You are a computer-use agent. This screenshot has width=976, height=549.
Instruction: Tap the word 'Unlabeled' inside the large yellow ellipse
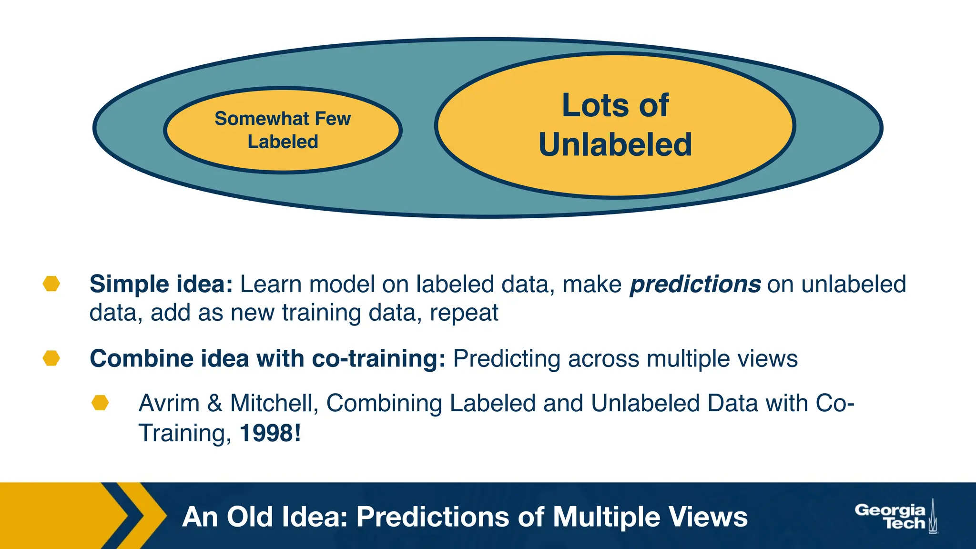pos(615,144)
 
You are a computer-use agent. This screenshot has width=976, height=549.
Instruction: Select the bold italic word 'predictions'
pos(695,284)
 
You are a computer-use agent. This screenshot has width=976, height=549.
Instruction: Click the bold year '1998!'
pos(270,433)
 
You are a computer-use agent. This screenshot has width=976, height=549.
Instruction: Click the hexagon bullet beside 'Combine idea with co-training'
pos(51,358)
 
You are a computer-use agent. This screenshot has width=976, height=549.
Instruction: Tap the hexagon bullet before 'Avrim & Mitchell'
pos(100,403)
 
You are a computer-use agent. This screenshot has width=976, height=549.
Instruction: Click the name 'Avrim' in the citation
pos(169,403)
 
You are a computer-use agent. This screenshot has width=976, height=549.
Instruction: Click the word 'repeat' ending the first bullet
pos(464,313)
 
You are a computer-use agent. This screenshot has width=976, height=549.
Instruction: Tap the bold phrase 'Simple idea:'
pos(161,284)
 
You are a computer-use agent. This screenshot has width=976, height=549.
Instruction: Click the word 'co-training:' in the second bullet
pos(378,358)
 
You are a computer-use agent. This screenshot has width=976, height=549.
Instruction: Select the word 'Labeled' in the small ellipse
pos(283,142)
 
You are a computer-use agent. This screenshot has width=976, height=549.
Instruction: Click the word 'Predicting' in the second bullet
pos(506,359)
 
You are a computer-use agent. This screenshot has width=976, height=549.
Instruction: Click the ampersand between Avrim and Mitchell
pos(215,403)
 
